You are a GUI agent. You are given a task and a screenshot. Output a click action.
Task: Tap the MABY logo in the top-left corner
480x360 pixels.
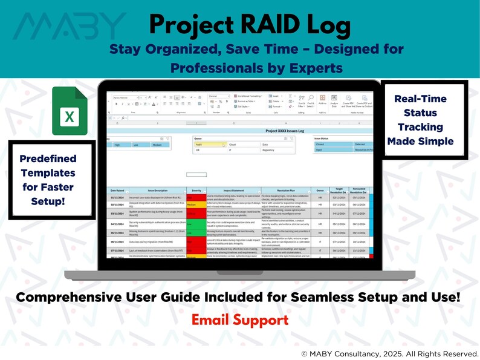coord(70,27)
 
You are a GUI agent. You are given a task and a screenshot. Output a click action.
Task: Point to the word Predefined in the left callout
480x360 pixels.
coord(48,159)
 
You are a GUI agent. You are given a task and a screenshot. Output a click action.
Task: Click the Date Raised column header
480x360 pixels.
coord(117,191)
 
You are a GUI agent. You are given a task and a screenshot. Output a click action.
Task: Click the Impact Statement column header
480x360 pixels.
coord(232,191)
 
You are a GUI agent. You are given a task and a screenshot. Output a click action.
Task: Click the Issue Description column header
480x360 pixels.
coord(156,191)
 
